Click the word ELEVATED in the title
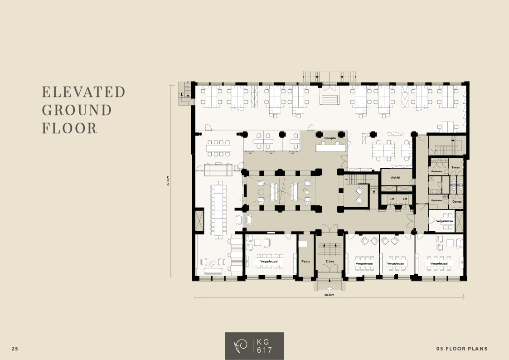pyautogui.click(x=83, y=92)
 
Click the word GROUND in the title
pyautogui.click(x=77, y=110)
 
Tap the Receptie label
pyautogui.click(x=330, y=137)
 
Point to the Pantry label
pyautogui.click(x=305, y=262)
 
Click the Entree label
pyautogui.click(x=330, y=262)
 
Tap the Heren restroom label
pyautogui.click(x=456, y=168)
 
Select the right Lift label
pyautogui.click(x=405, y=199)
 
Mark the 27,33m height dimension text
pyautogui.click(x=168, y=180)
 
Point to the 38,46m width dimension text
pyautogui.click(x=329, y=295)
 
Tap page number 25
pyautogui.click(x=15, y=349)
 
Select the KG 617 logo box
pyautogui.click(x=254, y=346)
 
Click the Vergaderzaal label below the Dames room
pyautogui.click(x=445, y=221)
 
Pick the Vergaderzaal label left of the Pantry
pyautogui.click(x=269, y=262)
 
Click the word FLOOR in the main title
pyautogui.click(x=69, y=128)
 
